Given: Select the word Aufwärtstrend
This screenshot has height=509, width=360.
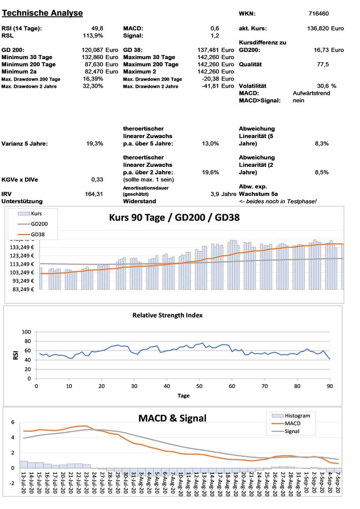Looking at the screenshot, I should click(x=312, y=93).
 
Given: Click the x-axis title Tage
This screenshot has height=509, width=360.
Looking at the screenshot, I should click(x=183, y=395).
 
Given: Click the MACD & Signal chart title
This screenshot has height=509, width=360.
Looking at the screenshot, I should click(x=172, y=418).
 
